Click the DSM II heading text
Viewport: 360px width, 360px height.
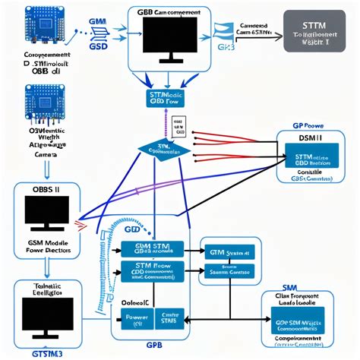[310, 140]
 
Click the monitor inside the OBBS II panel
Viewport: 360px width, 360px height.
[47, 213]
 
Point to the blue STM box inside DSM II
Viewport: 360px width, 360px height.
[311, 158]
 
